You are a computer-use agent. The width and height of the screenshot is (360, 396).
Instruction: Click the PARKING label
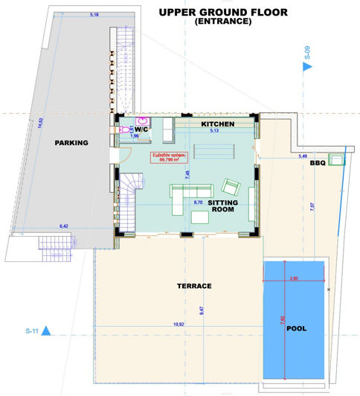tap(71, 143)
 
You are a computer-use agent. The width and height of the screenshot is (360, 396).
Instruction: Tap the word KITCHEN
tap(218, 124)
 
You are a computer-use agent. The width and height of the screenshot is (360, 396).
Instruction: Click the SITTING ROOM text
tap(223, 206)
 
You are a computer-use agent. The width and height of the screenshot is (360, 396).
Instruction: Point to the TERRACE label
tap(194, 286)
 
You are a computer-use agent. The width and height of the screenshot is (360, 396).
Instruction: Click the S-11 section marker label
tap(31, 329)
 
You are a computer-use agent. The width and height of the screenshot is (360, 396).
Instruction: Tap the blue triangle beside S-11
tap(46, 330)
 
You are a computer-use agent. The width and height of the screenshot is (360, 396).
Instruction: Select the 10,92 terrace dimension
tap(179, 324)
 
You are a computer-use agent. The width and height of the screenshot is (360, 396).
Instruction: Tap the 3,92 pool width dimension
tap(293, 278)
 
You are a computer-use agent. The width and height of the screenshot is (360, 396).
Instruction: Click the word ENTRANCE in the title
tap(222, 22)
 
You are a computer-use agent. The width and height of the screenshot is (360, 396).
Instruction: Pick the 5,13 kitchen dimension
tap(213, 131)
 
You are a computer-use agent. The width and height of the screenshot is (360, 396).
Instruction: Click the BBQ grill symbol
tap(337, 159)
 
